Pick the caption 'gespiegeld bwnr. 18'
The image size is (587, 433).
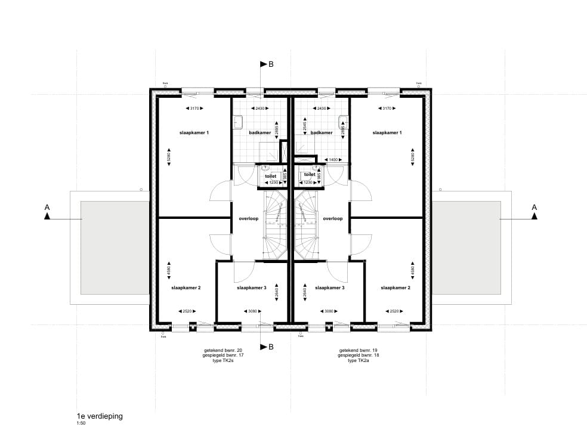coord(359,355)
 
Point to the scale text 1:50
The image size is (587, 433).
coord(81,423)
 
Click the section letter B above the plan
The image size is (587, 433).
coord(271,64)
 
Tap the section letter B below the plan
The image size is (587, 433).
coord(271,347)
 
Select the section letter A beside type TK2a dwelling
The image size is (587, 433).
coord(534,207)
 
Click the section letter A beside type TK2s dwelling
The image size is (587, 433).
coord(47,207)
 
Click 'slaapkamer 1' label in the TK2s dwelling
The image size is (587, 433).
coord(194,132)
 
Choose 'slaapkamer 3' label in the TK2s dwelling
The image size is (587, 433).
coord(251,287)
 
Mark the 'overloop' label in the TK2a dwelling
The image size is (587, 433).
coord(332,219)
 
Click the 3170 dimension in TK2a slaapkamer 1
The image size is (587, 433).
coord(387,108)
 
